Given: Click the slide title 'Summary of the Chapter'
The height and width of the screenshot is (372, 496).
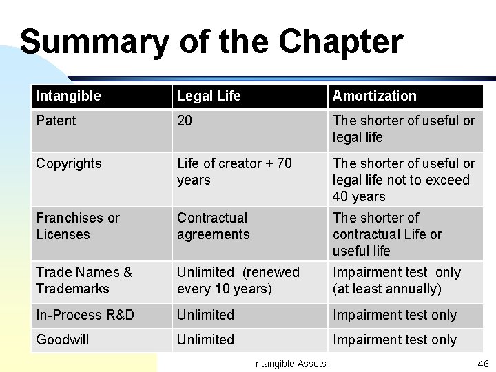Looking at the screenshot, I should click(211, 42).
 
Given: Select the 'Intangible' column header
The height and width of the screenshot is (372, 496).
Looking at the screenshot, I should click(68, 96).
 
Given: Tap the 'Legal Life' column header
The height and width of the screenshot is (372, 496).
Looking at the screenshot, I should click(209, 96).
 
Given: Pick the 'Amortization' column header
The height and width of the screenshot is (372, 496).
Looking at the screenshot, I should click(374, 96).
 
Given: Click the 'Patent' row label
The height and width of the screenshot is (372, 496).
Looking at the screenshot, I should click(56, 121).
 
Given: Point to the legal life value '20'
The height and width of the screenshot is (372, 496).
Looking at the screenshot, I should click(185, 121).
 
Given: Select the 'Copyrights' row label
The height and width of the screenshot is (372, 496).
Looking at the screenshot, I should click(68, 163).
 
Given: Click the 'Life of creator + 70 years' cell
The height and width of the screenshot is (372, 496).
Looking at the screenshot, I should click(234, 172).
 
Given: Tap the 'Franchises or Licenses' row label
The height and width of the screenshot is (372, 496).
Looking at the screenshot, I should click(77, 226).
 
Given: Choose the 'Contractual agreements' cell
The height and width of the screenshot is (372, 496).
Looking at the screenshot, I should click(213, 226).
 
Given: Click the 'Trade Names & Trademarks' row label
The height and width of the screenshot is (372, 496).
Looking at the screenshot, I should click(84, 280).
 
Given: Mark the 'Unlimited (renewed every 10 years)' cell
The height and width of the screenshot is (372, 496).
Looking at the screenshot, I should click(238, 280).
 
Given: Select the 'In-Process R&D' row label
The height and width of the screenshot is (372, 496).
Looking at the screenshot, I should click(85, 315).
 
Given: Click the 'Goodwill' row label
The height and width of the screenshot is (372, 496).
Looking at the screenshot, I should click(62, 340).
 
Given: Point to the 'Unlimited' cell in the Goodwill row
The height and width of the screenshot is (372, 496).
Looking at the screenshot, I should click(205, 340).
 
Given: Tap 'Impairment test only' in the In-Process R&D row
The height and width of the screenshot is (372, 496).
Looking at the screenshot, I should click(394, 315).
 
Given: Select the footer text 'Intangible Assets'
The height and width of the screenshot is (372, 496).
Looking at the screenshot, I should click(289, 363).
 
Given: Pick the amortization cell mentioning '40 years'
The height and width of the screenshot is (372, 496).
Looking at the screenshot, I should click(403, 180).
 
